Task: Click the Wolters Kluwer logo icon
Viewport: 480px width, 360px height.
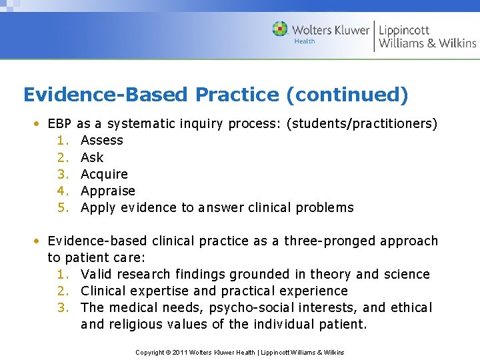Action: coord(281,29)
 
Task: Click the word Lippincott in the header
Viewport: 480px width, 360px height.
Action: coord(404,30)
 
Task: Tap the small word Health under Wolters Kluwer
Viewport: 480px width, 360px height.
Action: coord(304,41)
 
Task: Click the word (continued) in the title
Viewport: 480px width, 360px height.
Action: coord(347,95)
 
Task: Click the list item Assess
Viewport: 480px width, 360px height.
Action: coord(102,141)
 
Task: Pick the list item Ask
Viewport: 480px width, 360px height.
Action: coord(92,157)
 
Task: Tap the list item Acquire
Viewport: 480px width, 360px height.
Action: coord(104,174)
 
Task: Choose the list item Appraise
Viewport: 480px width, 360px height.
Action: coord(108,191)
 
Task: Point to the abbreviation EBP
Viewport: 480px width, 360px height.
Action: coord(60,124)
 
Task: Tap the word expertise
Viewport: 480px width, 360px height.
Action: coord(153,291)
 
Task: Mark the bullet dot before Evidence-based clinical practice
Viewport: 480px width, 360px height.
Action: coord(39,241)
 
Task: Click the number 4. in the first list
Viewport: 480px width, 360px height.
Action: coord(63,191)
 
